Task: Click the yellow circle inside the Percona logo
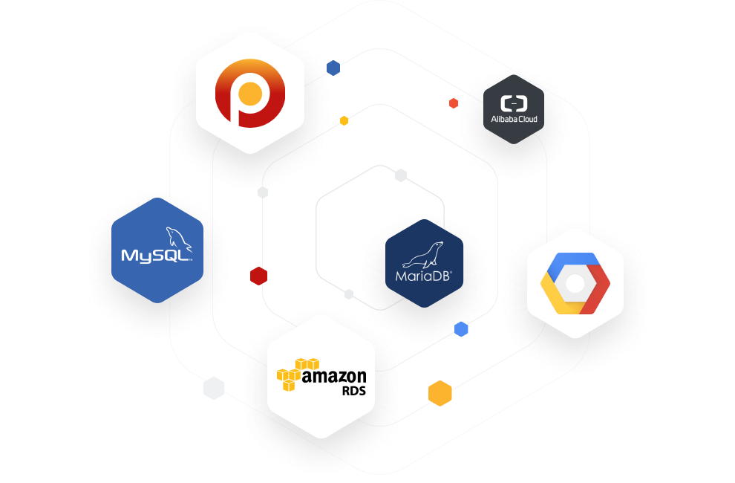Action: click(250, 94)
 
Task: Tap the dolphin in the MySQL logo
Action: click(179, 239)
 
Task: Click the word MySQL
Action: click(156, 256)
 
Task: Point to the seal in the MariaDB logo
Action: click(423, 255)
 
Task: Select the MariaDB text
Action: click(423, 276)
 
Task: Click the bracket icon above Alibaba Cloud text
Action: click(514, 103)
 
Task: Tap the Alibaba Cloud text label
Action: click(514, 119)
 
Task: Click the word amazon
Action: click(334, 376)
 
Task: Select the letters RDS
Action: click(354, 391)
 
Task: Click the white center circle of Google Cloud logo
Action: click(575, 284)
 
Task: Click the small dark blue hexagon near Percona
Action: click(333, 68)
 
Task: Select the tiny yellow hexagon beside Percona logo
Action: click(344, 120)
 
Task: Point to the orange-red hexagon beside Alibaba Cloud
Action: click(454, 103)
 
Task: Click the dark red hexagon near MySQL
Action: click(259, 276)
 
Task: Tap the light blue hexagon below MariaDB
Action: click(461, 329)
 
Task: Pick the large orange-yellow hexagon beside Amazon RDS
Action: click(440, 393)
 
